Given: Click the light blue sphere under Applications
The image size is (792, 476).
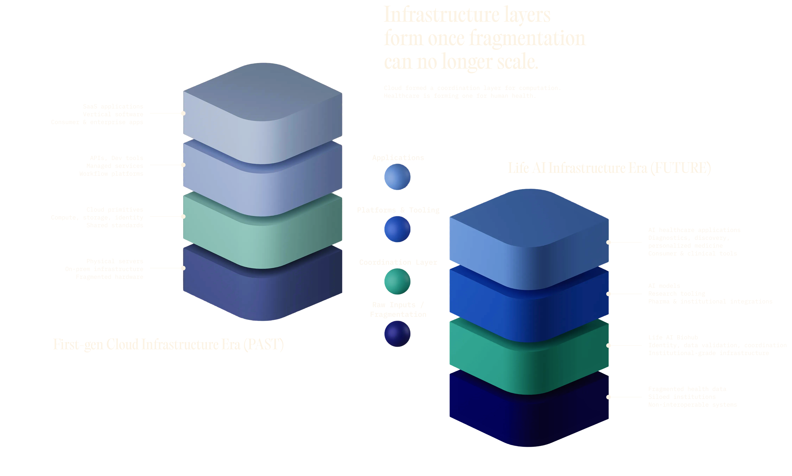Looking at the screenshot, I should pyautogui.click(x=397, y=177).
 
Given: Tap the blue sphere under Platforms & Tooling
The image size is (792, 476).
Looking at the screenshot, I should pyautogui.click(x=397, y=229).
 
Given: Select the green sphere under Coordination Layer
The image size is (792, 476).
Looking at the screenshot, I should pyautogui.click(x=397, y=281).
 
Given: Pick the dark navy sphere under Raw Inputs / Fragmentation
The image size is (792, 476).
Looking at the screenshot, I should pyautogui.click(x=397, y=334).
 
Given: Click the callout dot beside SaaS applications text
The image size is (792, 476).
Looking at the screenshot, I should pyautogui.click(x=183, y=113).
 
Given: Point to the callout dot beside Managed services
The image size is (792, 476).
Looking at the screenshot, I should pyautogui.click(x=183, y=165).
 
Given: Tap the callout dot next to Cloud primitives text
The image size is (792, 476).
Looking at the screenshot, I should pyautogui.click(x=183, y=217).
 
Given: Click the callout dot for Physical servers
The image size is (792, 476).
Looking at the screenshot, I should pyautogui.click(x=183, y=268).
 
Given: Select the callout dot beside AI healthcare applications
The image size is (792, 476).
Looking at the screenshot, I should pyautogui.click(x=608, y=243).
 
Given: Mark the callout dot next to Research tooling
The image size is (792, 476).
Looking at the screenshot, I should pyautogui.click(x=608, y=294).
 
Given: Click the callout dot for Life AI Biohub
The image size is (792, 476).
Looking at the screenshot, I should pyautogui.click(x=608, y=345).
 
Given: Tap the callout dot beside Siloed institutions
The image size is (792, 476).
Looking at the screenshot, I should pyautogui.click(x=608, y=397).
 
